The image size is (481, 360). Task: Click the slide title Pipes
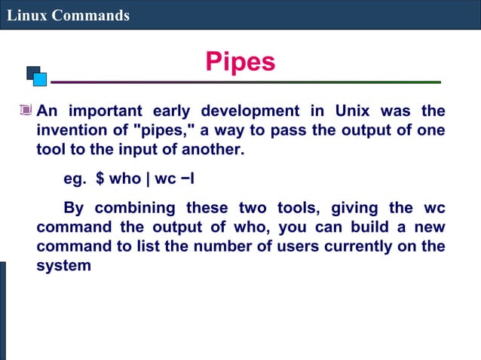[240, 62]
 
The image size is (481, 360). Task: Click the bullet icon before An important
[26, 111]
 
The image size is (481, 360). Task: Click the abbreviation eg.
[74, 180]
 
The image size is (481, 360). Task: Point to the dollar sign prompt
[100, 180]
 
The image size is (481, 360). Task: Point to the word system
[64, 265]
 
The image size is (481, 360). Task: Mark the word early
[173, 111]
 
